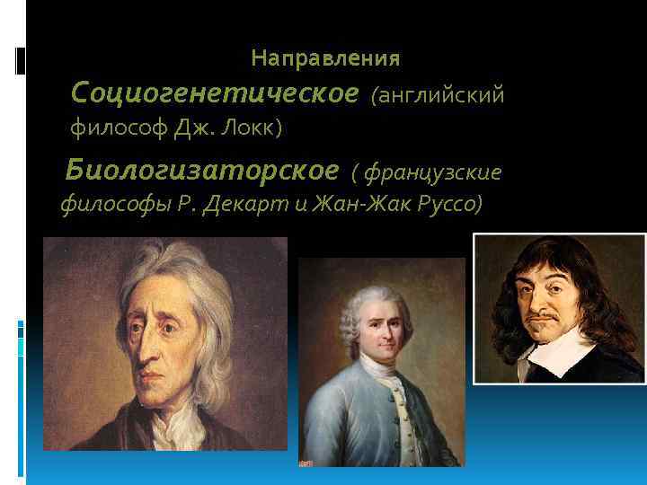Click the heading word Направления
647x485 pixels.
click(325, 59)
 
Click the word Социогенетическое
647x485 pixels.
click(214, 93)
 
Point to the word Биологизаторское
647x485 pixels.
click(202, 170)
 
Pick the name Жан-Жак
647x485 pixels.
click(354, 206)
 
